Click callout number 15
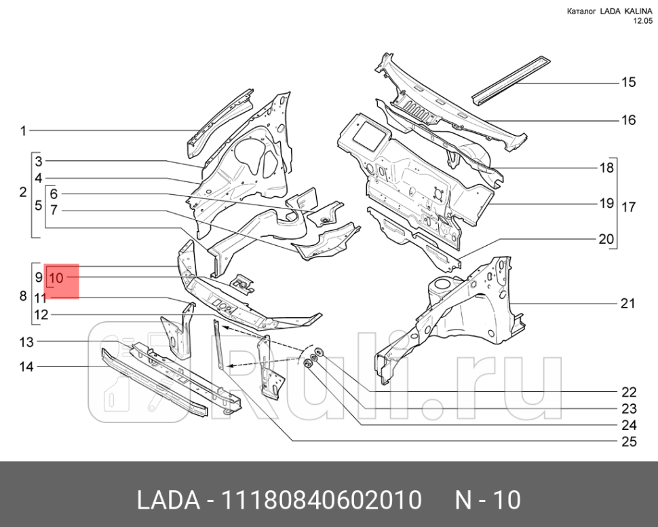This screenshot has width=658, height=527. pos(628,82)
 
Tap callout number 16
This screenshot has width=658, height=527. pos(628,120)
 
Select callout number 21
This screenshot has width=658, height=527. pos(628,303)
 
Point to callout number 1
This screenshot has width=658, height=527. pos(22,130)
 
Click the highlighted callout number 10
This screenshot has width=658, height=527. pos(56,278)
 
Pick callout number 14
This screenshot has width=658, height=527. pos(26,367)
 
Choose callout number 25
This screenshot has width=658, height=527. pos(629,442)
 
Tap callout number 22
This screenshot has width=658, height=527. pos(629,392)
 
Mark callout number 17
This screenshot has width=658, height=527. pos(628,206)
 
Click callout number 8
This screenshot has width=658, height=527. pos(22,296)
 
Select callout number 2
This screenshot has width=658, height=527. pos(22,192)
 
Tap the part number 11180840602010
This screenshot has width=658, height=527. pos(326,501)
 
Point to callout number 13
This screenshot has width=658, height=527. pos(26,341)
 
